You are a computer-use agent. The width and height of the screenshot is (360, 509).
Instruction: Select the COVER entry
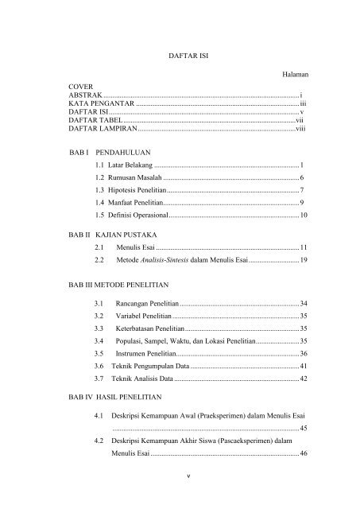pos(80,87)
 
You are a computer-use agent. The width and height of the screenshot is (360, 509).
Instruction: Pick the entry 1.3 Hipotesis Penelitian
pos(130,190)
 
